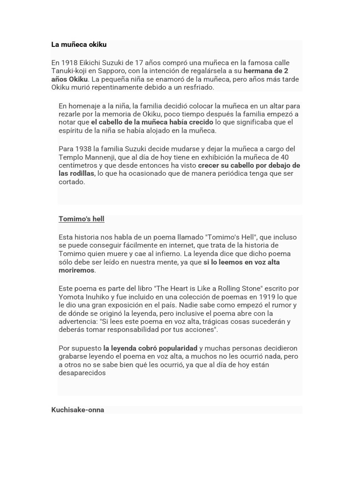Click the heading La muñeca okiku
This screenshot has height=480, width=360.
click(79, 45)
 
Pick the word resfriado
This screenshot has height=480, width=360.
click(196, 87)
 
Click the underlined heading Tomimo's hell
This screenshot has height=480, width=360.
click(82, 219)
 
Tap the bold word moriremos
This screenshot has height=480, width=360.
click(77, 270)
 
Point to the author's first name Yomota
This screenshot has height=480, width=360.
click(72, 297)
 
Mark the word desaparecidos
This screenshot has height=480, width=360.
click(82, 373)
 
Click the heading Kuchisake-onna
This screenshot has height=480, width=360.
click(78, 410)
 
